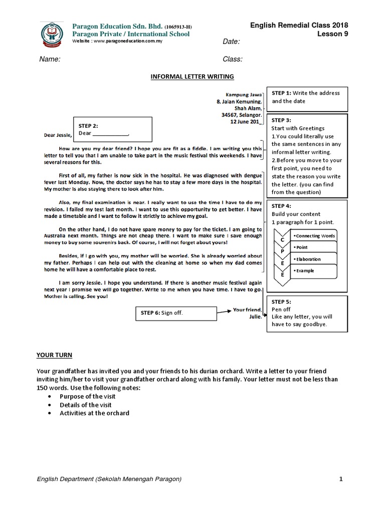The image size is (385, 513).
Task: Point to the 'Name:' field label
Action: click(50, 59)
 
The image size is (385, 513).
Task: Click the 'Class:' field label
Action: click(233, 59)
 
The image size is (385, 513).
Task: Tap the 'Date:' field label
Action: click(231, 42)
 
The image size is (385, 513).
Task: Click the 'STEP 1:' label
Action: click(281, 93)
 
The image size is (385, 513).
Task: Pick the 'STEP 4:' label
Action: click(281, 206)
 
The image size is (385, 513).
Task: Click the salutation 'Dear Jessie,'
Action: click(57, 135)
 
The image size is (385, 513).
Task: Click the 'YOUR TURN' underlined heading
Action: click(54, 355)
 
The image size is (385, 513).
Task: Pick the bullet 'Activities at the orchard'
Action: click(94, 413)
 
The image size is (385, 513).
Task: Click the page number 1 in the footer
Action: click(341, 479)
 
